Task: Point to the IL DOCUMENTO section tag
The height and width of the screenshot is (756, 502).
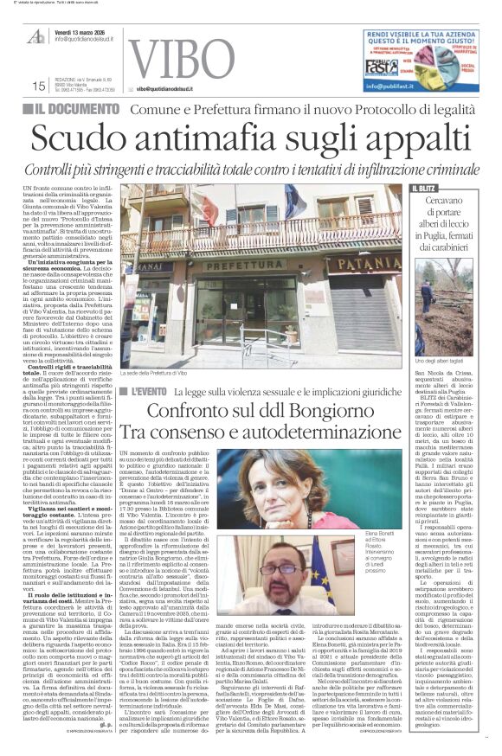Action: click(79, 110)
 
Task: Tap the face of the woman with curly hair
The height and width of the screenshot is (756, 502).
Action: click(274, 478)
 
